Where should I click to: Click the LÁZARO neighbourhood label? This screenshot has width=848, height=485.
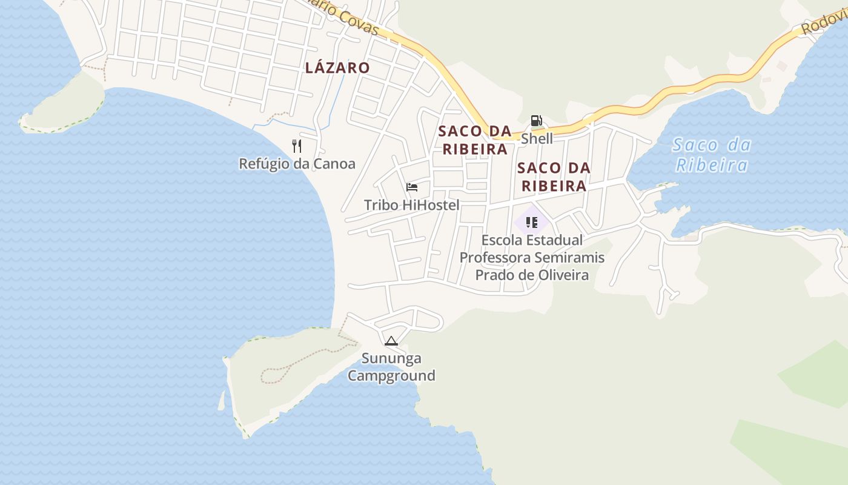(337, 68)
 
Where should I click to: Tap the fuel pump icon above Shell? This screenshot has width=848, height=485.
(536, 121)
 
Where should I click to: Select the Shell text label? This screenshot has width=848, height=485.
(537, 139)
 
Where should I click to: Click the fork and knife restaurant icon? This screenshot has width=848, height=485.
(297, 146)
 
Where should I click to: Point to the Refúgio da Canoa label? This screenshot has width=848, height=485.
(297, 164)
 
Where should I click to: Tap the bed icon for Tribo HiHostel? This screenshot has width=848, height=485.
(412, 187)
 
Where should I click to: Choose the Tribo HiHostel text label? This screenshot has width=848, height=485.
(411, 206)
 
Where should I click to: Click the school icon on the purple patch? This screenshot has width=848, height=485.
(532, 222)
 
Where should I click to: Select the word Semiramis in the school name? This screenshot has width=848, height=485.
(568, 258)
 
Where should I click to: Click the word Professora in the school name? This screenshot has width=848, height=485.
(494, 258)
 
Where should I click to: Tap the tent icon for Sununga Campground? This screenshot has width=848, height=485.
(391, 341)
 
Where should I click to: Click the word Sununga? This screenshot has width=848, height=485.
(391, 358)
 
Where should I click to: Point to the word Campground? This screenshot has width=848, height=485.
(391, 376)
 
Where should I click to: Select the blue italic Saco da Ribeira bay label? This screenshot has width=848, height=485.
(712, 155)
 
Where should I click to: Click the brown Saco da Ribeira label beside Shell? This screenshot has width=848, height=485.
(475, 140)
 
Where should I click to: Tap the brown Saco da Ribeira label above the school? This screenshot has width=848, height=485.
(554, 176)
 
